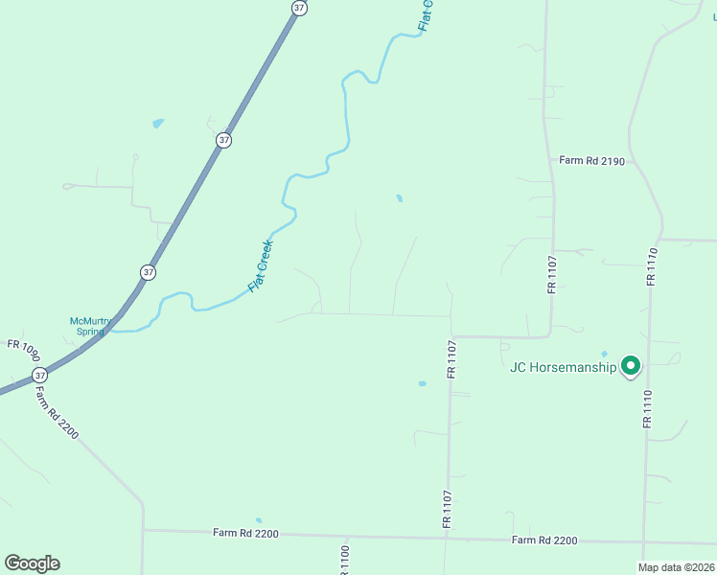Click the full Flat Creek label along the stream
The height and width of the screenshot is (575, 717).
261,265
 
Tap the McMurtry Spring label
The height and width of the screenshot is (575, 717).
91,327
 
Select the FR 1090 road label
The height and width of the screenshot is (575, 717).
23,344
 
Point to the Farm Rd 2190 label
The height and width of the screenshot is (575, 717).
592,161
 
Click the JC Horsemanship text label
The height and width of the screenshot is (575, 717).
563,367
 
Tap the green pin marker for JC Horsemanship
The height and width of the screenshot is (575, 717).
631,365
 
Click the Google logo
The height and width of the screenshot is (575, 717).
32,563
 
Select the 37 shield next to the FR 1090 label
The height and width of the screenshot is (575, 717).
38,373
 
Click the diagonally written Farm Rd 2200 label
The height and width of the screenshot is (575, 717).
57,412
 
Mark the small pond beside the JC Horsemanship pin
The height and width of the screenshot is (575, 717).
604,354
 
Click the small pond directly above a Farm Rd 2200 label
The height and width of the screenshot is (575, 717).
257,519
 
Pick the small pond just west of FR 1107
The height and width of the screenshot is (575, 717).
422,383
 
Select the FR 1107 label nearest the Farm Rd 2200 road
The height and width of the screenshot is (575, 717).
447,509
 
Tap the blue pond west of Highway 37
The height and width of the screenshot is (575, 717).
157,123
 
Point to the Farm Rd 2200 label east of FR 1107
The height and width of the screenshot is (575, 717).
544,540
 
